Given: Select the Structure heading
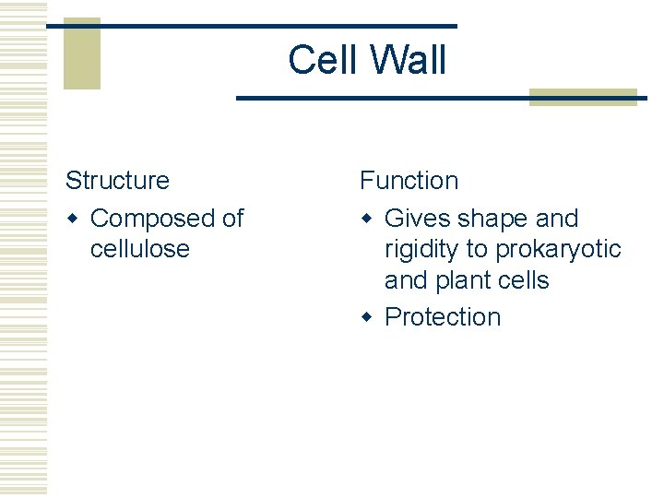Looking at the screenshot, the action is click(x=117, y=181).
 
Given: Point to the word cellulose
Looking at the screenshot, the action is click(x=139, y=249).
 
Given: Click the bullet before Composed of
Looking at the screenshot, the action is click(x=73, y=219).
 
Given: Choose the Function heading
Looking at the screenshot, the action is click(x=409, y=181).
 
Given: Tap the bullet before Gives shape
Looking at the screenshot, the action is click(x=367, y=219).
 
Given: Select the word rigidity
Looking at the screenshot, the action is click(x=428, y=249).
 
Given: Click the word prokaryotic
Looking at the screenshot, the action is click(x=558, y=249).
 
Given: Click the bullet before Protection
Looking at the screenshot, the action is click(x=367, y=316).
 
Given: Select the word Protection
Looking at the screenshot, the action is click(x=443, y=316).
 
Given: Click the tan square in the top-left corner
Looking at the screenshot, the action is click(x=81, y=53).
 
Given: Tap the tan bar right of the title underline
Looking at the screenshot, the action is click(x=583, y=97).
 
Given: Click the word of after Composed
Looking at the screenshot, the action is click(x=232, y=219).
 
